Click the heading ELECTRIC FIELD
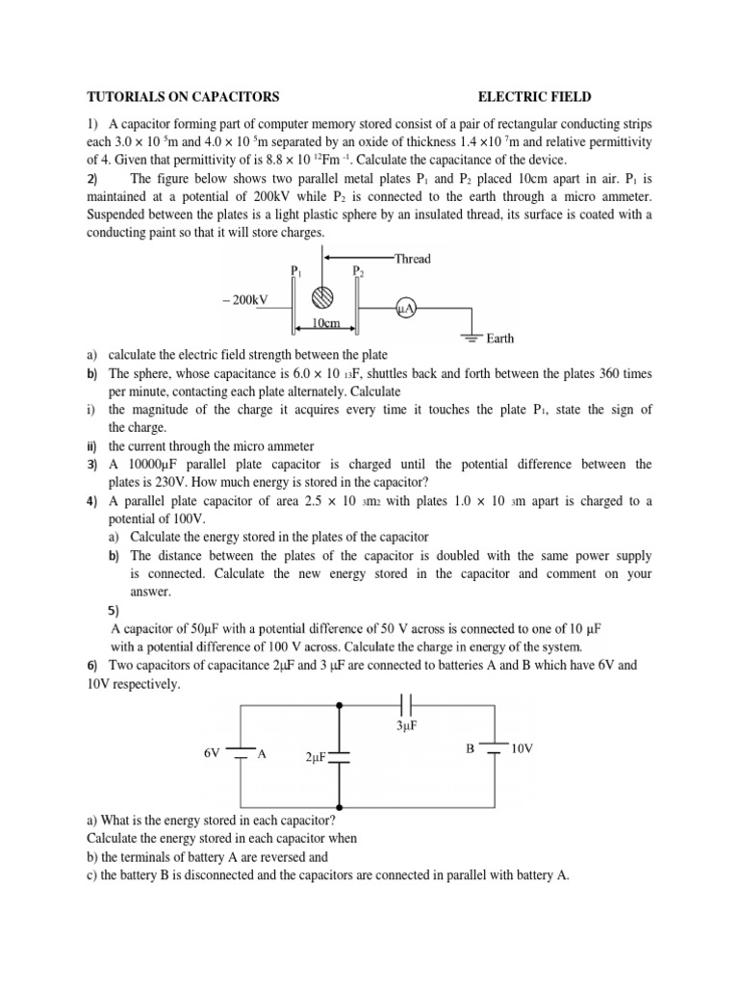pos(535,97)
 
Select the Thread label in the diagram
pos(412,259)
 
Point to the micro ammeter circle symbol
pos(405,308)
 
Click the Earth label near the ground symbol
pos(500,339)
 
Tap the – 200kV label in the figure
pos(243,300)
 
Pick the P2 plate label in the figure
pos(358,272)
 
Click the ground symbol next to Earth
pos(471,336)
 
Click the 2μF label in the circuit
pos(317,757)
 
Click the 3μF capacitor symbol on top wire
pos(405,704)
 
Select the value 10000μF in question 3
pos(161,465)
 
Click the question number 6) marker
pos(93,666)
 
